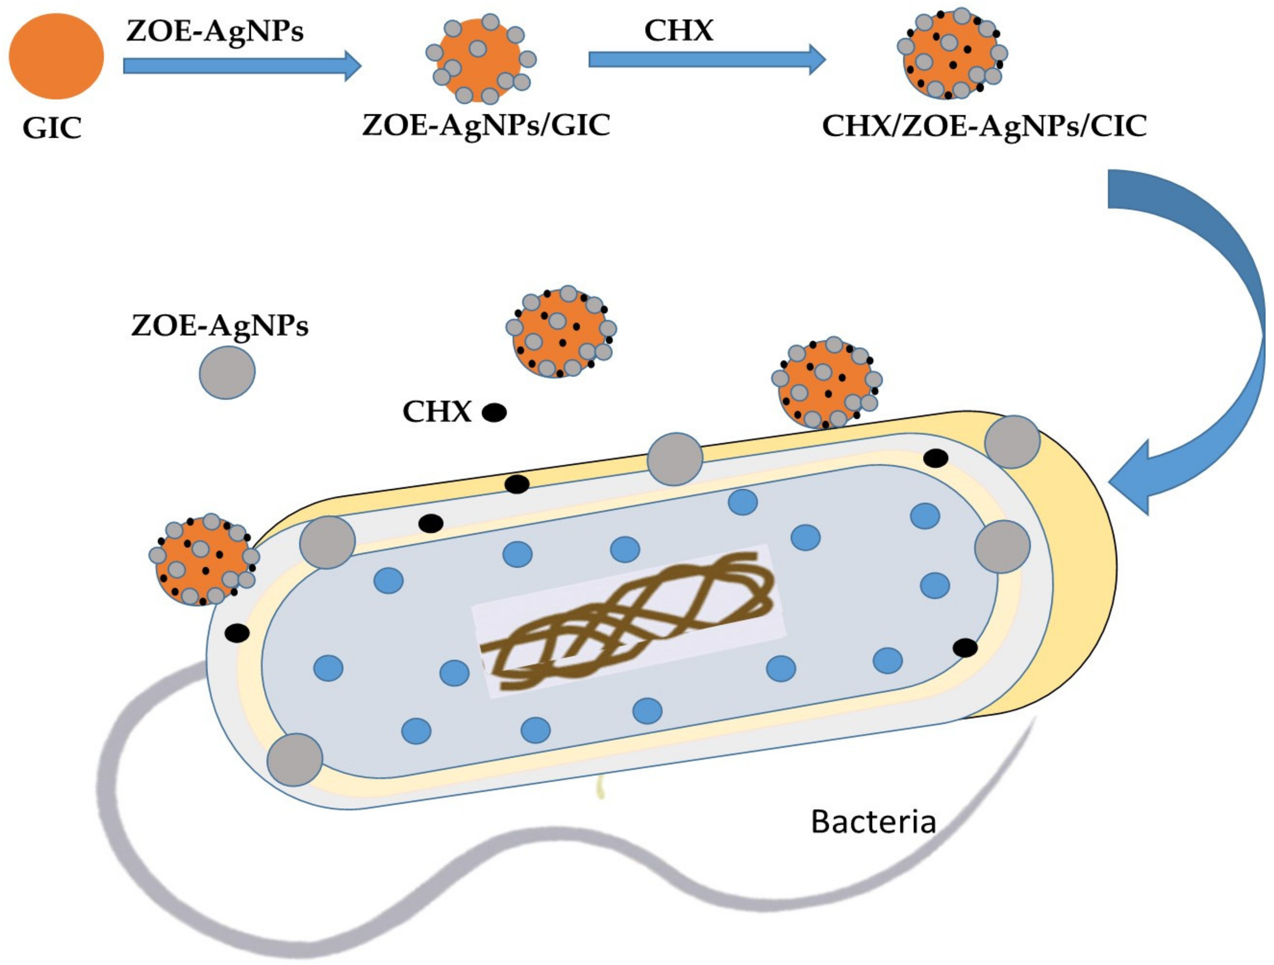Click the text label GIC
coord(52,128)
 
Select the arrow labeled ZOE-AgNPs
coord(242,66)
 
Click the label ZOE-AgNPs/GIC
coord(486,125)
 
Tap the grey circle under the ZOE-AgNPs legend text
coord(227,372)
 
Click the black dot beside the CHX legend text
coord(494,412)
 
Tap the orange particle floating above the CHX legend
coord(560,332)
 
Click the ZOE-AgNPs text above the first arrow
coord(214,31)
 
